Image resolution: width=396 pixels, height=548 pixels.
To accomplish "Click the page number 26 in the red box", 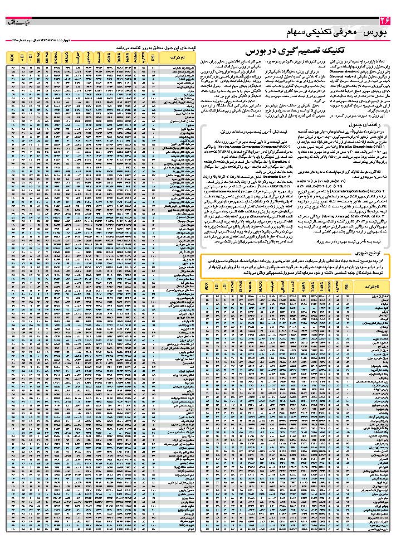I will pos(385,21).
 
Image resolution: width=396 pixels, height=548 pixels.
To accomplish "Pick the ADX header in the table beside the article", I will pos(12,57).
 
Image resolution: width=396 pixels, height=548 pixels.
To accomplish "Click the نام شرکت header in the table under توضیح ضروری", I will pos(370,287).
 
